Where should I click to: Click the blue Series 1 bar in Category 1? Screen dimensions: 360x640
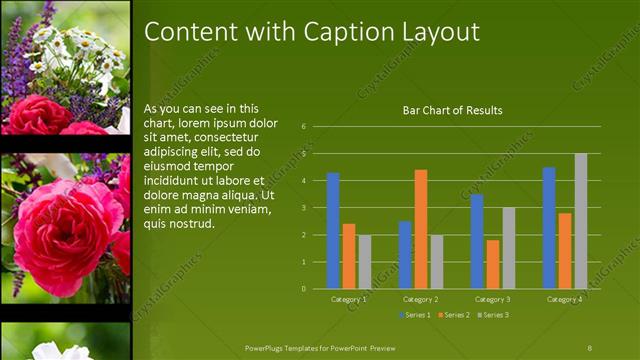click(x=333, y=231)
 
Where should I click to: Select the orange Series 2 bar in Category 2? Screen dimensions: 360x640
click(x=421, y=229)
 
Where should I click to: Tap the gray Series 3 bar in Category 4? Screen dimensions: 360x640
click(x=581, y=221)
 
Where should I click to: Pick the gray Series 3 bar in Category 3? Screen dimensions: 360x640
click(x=509, y=248)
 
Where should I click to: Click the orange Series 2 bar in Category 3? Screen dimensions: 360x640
click(x=493, y=264)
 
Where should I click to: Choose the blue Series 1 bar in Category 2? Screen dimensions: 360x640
click(x=405, y=255)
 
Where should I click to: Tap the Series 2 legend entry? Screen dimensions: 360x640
click(x=454, y=315)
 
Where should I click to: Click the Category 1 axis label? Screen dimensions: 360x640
click(x=349, y=299)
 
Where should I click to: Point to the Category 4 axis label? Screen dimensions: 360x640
click(x=565, y=299)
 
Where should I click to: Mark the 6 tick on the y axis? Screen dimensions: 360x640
click(x=317, y=127)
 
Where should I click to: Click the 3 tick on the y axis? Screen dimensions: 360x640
click(x=317, y=208)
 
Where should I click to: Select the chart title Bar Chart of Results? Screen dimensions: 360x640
click(x=452, y=110)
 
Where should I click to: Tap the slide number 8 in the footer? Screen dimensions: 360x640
click(x=590, y=347)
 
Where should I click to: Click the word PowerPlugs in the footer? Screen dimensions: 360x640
click(x=268, y=347)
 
